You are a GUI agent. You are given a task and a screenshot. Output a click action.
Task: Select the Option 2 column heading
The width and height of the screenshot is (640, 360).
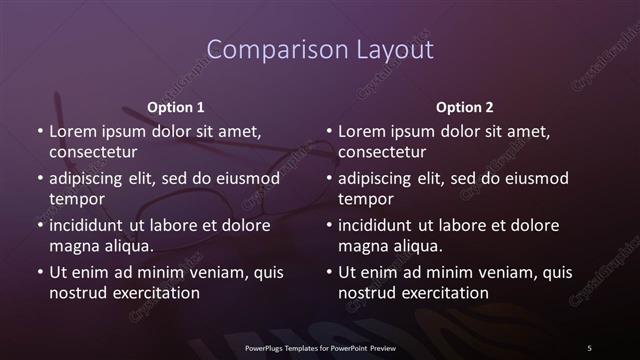pyautogui.click(x=465, y=107)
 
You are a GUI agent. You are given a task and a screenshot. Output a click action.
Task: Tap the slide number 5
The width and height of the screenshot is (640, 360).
pyautogui.click(x=589, y=347)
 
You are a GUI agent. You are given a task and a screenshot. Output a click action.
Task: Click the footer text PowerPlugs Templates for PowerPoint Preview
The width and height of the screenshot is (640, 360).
pyautogui.click(x=320, y=347)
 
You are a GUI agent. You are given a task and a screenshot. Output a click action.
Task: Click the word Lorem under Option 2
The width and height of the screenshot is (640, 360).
pyautogui.click(x=363, y=132)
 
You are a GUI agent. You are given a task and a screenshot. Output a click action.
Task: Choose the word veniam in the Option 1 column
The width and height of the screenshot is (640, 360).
pyautogui.click(x=223, y=273)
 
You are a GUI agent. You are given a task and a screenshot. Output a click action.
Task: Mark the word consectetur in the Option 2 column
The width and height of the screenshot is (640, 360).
pyautogui.click(x=387, y=152)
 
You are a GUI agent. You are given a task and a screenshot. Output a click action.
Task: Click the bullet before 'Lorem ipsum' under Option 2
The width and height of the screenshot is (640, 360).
pyautogui.click(x=329, y=132)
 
